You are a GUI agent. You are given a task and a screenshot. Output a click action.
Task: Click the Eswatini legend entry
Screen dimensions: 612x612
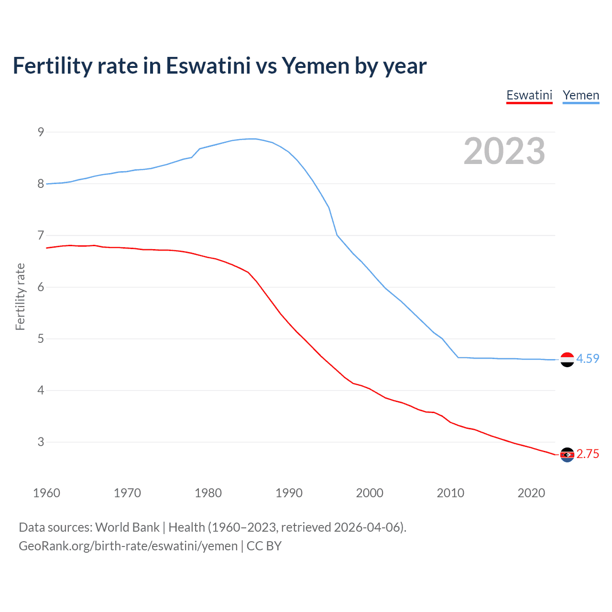pos(529,95)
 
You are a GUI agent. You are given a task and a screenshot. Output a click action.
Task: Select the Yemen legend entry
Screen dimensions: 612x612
pos(580,95)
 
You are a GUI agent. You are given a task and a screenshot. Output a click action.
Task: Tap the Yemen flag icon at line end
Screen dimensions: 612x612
pos(567,360)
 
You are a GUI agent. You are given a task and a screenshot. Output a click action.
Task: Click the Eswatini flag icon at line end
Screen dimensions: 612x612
pos(567,455)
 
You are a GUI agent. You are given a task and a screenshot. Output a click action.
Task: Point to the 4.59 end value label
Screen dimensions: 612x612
pos(588,359)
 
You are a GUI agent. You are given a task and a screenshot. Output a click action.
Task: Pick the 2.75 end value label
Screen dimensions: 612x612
pos(588,454)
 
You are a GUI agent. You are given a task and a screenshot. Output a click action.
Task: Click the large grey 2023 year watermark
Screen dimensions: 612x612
pos(504,151)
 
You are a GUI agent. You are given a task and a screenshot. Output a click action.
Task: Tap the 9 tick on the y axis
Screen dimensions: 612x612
pos(41,132)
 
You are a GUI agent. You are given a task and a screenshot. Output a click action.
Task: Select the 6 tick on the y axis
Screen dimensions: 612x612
pos(41,287)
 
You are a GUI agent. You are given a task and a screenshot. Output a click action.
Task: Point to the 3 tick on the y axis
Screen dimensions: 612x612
pos(41,442)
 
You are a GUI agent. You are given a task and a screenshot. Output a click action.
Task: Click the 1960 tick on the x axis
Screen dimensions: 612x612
pos(46,493)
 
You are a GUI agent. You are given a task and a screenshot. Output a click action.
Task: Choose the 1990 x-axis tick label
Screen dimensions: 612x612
pos(289,493)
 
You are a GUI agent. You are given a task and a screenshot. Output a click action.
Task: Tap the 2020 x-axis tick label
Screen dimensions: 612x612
pos(531,493)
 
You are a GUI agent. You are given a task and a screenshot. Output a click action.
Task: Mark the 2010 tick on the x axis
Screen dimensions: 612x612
pos(450,493)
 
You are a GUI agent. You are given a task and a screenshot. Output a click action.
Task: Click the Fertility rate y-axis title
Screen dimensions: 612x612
pos(20,296)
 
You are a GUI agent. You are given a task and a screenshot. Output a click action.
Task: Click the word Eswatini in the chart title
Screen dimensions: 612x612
pos(208,66)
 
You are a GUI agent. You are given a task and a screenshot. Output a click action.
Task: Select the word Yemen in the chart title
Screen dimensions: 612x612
pos(316,66)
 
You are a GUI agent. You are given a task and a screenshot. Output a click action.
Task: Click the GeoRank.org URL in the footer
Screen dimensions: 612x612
pos(128,546)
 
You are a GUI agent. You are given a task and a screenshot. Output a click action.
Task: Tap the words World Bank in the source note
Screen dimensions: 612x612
pos(127,527)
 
